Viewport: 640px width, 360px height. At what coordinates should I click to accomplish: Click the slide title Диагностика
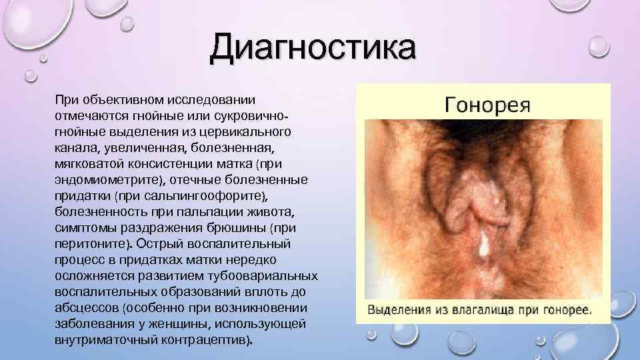point(312,49)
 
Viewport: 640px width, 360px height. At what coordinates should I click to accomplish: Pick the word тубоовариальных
point(269,276)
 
